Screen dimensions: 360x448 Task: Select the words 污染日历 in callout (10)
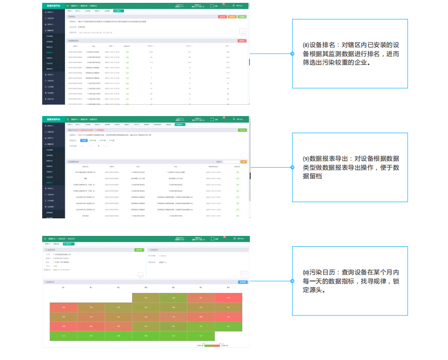[x=321, y=272]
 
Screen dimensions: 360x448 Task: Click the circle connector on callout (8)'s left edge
[x=293, y=54]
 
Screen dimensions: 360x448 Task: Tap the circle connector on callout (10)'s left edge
[x=293, y=281]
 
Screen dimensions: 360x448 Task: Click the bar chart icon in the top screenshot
[x=243, y=32]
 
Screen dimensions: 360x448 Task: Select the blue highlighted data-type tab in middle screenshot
[x=84, y=140]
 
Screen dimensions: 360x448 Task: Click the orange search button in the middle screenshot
[x=244, y=162]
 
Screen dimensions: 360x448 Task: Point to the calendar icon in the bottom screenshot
[x=244, y=274]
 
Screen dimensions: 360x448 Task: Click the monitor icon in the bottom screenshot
[x=140, y=275]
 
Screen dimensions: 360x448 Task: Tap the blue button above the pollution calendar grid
[x=242, y=282]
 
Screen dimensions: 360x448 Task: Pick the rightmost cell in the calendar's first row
[x=229, y=298]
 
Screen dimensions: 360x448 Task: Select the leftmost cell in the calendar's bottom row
[x=64, y=335]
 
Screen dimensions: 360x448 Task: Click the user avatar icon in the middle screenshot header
[x=234, y=119]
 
